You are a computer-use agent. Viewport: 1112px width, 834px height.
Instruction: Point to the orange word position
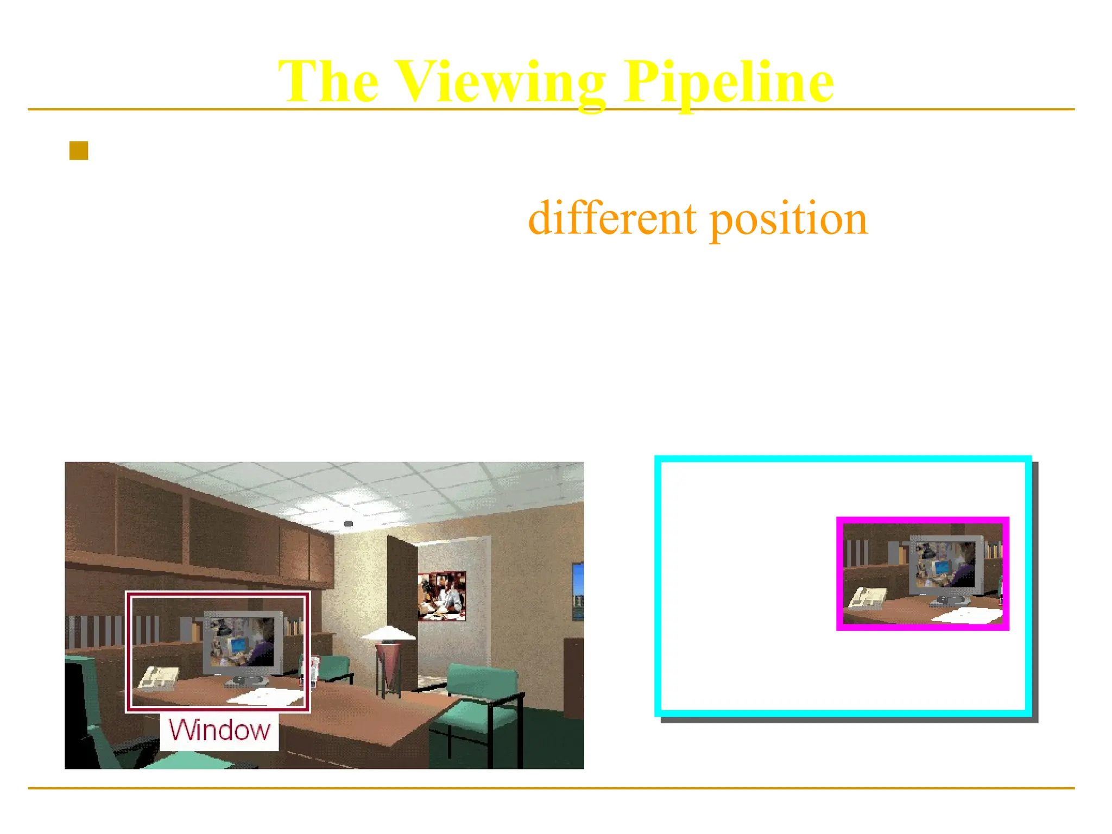pos(788,218)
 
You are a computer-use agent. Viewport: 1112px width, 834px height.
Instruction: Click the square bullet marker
pos(79,151)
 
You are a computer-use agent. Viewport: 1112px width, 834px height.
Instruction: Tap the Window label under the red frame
pos(219,730)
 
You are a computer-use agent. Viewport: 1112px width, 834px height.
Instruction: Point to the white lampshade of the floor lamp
pos(388,633)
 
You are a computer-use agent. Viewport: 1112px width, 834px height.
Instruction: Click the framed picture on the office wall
pos(442,596)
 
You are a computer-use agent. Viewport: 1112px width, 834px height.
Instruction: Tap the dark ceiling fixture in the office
pos(349,523)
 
